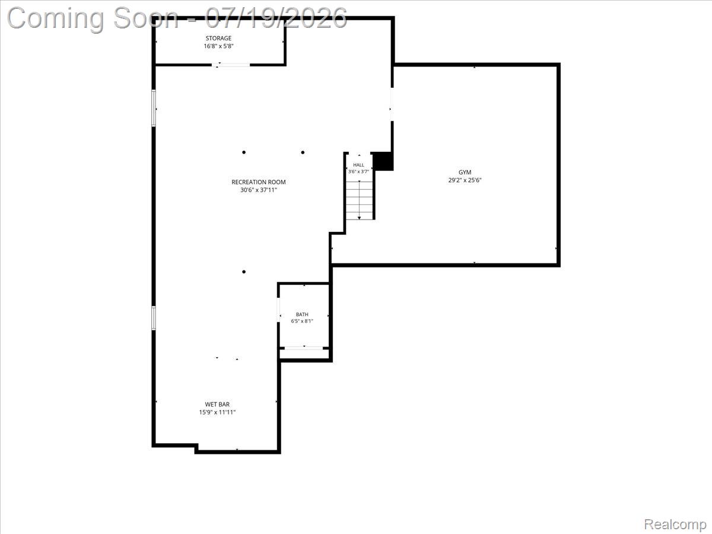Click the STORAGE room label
click(x=218, y=38)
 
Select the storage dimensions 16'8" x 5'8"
click(x=218, y=46)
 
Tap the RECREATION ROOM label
click(x=259, y=182)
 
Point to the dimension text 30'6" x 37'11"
click(x=259, y=190)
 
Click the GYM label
click(x=465, y=173)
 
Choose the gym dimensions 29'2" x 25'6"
click(x=465, y=180)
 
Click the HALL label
click(x=358, y=165)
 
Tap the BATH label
click(x=302, y=314)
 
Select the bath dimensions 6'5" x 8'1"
click(x=302, y=322)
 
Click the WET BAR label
click(x=217, y=404)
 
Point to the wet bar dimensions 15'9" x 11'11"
click(x=217, y=412)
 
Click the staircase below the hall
click(x=359, y=201)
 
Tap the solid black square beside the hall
click(x=383, y=161)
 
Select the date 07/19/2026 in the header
click(x=276, y=18)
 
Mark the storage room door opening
click(x=231, y=65)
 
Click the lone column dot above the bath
click(x=244, y=272)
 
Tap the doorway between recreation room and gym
click(x=392, y=104)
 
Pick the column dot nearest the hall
click(x=303, y=152)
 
